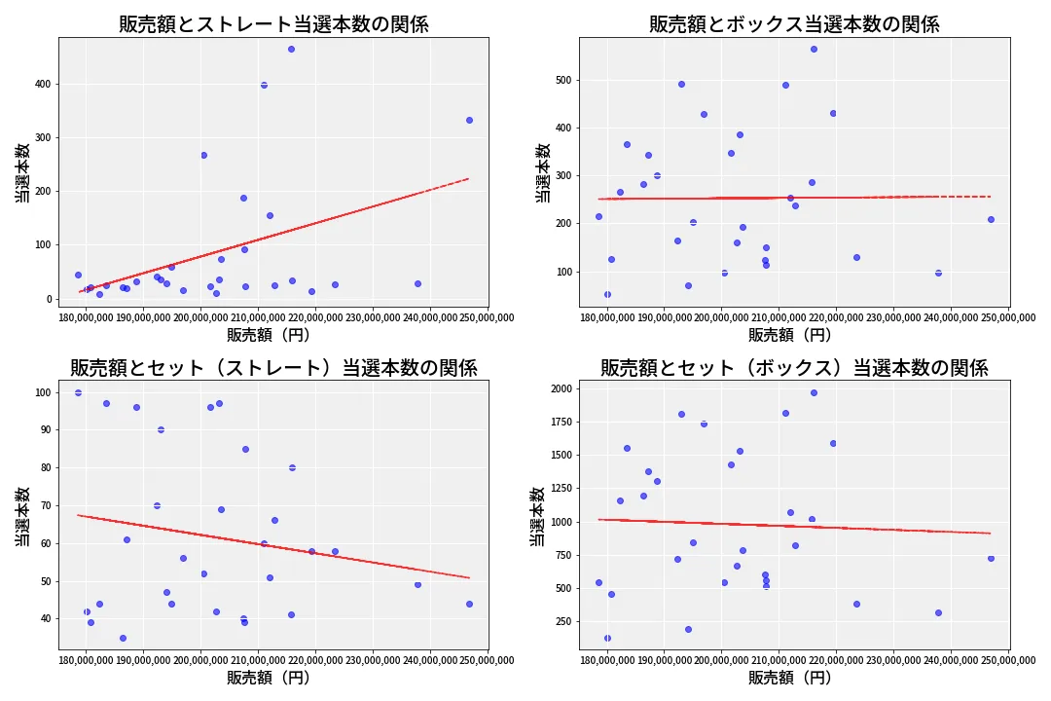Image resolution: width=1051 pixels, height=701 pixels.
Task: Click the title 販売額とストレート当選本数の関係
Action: point(273,24)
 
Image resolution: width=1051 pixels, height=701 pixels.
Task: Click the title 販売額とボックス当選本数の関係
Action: point(794,24)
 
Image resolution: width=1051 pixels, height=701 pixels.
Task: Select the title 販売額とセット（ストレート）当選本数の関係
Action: point(273,368)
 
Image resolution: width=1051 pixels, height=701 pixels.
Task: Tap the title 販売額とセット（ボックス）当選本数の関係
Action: point(794,368)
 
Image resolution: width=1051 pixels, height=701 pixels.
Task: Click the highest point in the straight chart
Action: point(291,49)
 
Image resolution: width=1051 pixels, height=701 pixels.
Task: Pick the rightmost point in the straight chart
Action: point(469,120)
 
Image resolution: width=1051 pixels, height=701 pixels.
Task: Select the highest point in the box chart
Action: point(814,49)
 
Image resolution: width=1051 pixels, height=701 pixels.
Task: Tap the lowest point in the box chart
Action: point(607,294)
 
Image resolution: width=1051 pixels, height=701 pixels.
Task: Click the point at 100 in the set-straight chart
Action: point(78,392)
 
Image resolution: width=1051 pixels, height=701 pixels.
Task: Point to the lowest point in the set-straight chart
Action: point(123,638)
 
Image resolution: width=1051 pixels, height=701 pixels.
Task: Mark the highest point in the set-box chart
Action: point(814,392)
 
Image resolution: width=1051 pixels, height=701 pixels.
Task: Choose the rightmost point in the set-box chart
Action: point(991,558)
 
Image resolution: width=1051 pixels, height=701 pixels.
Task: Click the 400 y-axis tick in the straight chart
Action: point(40,85)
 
